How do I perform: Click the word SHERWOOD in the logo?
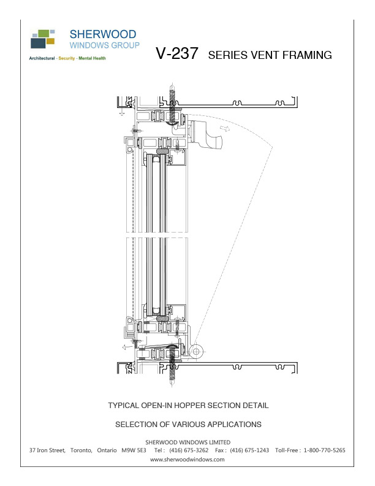pyautogui.click(x=103, y=34)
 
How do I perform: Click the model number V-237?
pyautogui.click(x=177, y=54)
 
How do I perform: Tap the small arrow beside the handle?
pyautogui.click(x=227, y=129)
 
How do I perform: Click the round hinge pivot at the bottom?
pyautogui.click(x=197, y=350)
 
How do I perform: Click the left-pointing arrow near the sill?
pyautogui.click(x=125, y=347)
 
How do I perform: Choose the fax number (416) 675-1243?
pyautogui.click(x=249, y=450)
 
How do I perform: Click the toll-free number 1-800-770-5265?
pyautogui.click(x=324, y=450)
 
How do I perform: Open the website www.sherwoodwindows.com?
pyautogui.click(x=187, y=459)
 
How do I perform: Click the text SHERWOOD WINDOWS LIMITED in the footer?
pyautogui.click(x=187, y=442)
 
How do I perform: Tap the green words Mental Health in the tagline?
pyautogui.click(x=91, y=59)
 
